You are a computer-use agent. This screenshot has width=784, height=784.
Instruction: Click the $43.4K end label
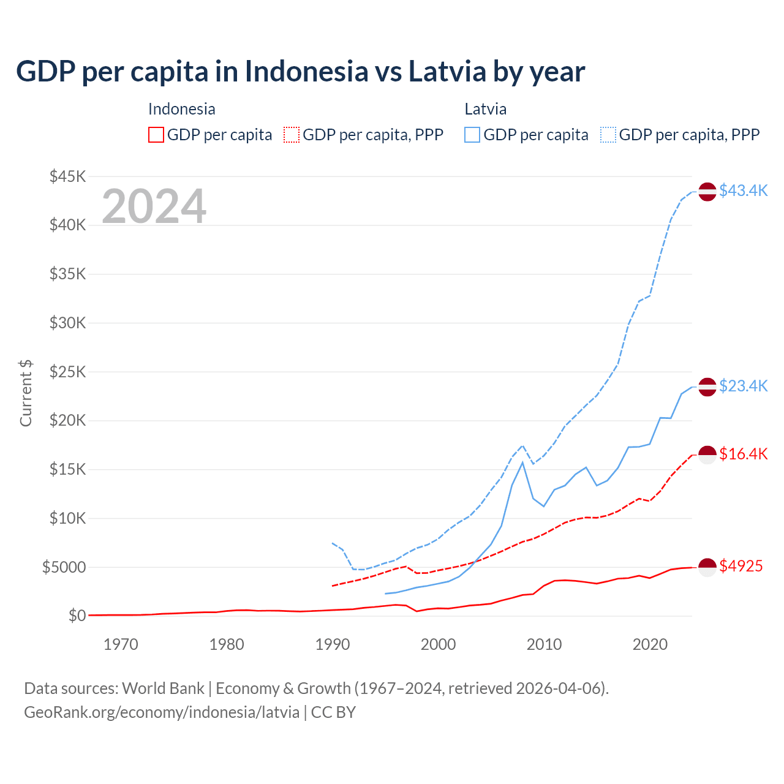tap(743, 191)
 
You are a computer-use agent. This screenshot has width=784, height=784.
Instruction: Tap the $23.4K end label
tap(743, 386)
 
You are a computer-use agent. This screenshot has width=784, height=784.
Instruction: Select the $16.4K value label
tap(743, 454)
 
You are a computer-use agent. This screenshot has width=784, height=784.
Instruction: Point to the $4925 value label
tap(741, 566)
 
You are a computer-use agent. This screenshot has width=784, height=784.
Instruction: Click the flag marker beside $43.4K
tap(707, 192)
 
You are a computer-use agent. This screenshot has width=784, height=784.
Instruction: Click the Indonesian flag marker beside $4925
tap(707, 567)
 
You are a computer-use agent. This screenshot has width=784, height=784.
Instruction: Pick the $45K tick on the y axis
tap(67, 177)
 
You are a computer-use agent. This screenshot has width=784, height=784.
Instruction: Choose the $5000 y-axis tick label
tap(64, 567)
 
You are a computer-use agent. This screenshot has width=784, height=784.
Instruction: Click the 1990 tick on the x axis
tap(333, 644)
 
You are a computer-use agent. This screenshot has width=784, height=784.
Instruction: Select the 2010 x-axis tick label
tap(544, 644)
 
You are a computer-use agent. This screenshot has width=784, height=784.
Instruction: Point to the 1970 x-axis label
tap(121, 644)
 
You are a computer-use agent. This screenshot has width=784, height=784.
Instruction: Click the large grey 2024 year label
tap(154, 206)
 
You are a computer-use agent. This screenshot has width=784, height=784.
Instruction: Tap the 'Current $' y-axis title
tap(26, 393)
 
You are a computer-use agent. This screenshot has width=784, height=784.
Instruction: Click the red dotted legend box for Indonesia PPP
tap(292, 135)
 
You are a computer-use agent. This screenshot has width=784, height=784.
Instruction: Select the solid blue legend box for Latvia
tap(472, 135)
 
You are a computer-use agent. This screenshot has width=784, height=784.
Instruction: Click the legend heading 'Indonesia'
tap(181, 109)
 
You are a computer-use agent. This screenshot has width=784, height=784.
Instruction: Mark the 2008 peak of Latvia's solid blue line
tap(522, 462)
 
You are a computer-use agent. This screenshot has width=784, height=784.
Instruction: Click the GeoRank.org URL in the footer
tap(162, 712)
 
